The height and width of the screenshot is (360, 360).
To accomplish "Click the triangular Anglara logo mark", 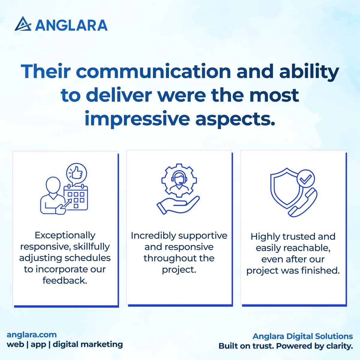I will (23, 24).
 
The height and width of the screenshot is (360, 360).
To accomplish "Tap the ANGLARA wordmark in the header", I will (71, 25).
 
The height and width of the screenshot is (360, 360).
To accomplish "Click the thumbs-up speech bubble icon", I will (76, 173).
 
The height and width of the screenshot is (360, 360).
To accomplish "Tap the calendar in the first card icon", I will (76, 198).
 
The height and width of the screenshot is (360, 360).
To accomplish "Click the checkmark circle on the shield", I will (305, 180).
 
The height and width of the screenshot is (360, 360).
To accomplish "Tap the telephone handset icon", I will (302, 202).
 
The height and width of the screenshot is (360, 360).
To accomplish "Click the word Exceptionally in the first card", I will (65, 235).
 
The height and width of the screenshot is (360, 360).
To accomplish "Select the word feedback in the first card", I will (65, 281).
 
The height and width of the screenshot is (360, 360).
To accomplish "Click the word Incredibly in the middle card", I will (154, 236).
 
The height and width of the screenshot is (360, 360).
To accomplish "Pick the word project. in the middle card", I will (179, 270).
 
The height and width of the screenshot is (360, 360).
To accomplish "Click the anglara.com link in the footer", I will (31, 334).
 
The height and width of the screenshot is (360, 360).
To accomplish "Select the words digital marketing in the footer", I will (88, 344).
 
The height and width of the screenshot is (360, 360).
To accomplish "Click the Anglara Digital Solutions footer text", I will (303, 336).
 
